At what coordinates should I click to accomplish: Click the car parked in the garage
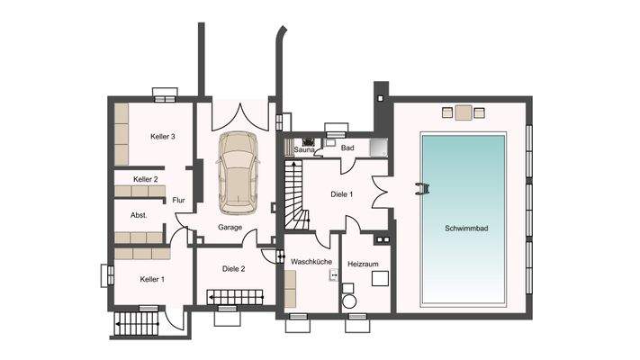239,173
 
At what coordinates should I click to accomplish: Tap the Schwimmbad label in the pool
466,229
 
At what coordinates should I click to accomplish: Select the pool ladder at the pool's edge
422,189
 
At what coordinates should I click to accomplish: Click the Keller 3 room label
162,136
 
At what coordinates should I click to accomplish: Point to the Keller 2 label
145,179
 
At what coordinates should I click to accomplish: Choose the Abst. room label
139,215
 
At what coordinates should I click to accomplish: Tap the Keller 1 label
152,279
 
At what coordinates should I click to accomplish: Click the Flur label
178,200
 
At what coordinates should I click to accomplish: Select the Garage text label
230,228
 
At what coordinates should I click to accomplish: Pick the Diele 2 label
233,268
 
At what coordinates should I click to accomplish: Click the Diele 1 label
342,194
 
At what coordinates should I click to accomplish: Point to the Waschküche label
311,261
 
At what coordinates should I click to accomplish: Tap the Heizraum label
363,264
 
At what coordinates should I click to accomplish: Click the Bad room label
347,148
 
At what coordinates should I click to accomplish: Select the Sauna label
304,150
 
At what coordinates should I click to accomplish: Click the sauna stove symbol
308,142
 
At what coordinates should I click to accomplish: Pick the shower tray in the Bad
378,148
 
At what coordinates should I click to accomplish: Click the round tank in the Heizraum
349,301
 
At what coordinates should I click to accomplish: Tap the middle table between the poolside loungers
464,112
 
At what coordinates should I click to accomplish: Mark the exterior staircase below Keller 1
136,324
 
